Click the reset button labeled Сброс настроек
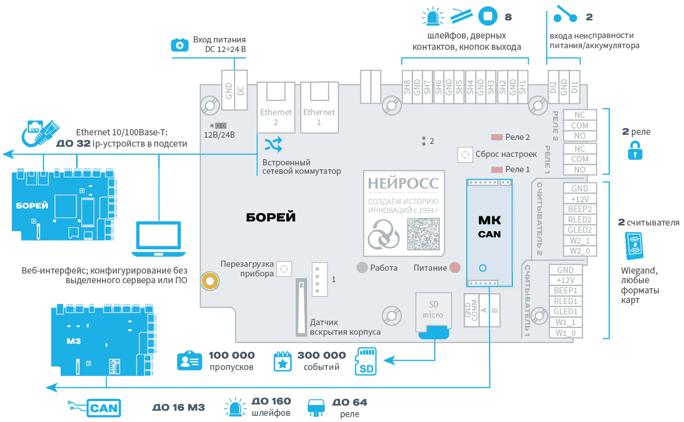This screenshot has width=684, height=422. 465,154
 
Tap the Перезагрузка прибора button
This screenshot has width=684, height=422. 284,268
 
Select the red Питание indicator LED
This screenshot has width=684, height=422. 455,267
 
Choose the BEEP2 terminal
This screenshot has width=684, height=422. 580,209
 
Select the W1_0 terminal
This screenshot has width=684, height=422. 566,333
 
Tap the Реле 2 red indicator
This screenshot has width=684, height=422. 497,137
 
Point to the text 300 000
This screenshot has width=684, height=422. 321,356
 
